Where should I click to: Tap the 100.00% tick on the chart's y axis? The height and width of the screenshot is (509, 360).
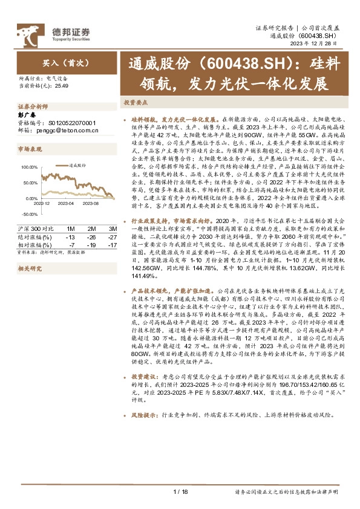[x=29, y=167]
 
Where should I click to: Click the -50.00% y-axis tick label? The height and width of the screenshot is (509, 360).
[x=29, y=214]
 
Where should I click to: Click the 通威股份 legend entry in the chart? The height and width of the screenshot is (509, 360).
[x=76, y=164]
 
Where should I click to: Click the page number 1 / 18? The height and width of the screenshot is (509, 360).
[x=181, y=491]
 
